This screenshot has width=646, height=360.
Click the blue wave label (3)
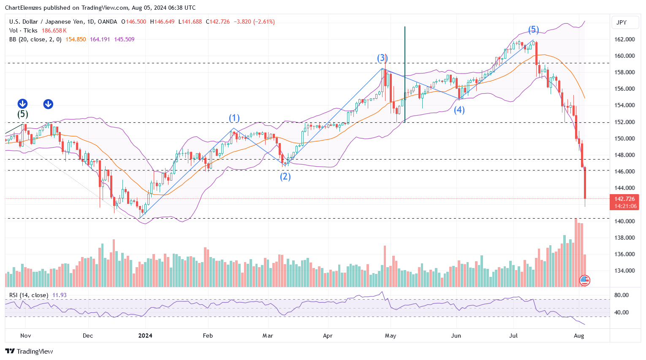(382, 58)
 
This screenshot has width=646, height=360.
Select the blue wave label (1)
(234, 118)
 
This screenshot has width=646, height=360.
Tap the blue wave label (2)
(285, 176)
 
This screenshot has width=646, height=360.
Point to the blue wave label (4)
(459, 110)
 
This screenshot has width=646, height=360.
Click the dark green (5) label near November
(23, 114)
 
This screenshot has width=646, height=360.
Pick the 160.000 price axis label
(624, 56)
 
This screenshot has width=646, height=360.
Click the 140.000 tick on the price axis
(624, 221)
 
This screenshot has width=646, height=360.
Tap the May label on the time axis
(391, 336)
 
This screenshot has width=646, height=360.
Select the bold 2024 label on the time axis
(145, 336)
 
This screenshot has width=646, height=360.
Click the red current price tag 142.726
(624, 199)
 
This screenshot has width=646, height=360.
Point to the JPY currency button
(622, 22)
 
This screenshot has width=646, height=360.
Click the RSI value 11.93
(60, 295)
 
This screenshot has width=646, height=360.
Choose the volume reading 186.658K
(54, 30)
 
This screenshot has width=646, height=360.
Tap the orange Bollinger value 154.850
(76, 39)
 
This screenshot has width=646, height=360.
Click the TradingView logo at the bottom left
(29, 351)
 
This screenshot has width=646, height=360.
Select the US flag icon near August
(585, 280)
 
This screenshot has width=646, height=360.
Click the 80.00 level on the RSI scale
(622, 295)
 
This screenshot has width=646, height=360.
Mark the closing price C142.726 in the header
(218, 22)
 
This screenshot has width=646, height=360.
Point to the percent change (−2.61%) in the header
(264, 22)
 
